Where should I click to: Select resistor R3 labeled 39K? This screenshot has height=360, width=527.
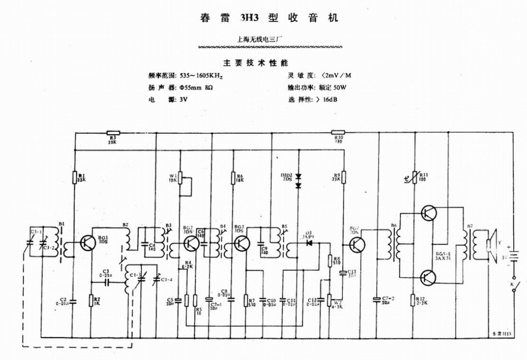tap(113, 133)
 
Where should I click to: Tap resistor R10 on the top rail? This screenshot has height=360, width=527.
tap(338, 133)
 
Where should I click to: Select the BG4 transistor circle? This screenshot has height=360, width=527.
tap(358, 245)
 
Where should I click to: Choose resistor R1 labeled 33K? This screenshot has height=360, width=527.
tap(75, 177)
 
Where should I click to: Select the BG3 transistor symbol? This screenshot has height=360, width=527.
tap(241, 244)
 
